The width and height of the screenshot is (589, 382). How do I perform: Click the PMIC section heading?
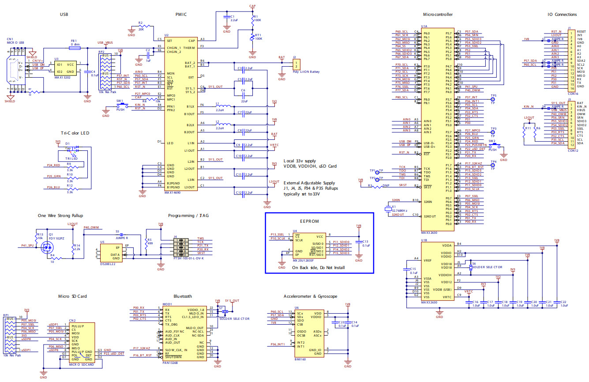180,15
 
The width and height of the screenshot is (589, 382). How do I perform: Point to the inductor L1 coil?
224,106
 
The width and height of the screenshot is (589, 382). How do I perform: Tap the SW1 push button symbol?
120,105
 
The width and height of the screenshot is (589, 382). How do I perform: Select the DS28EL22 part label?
108,263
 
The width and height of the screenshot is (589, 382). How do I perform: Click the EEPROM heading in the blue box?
309,221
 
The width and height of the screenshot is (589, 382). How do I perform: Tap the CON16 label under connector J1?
573,94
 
